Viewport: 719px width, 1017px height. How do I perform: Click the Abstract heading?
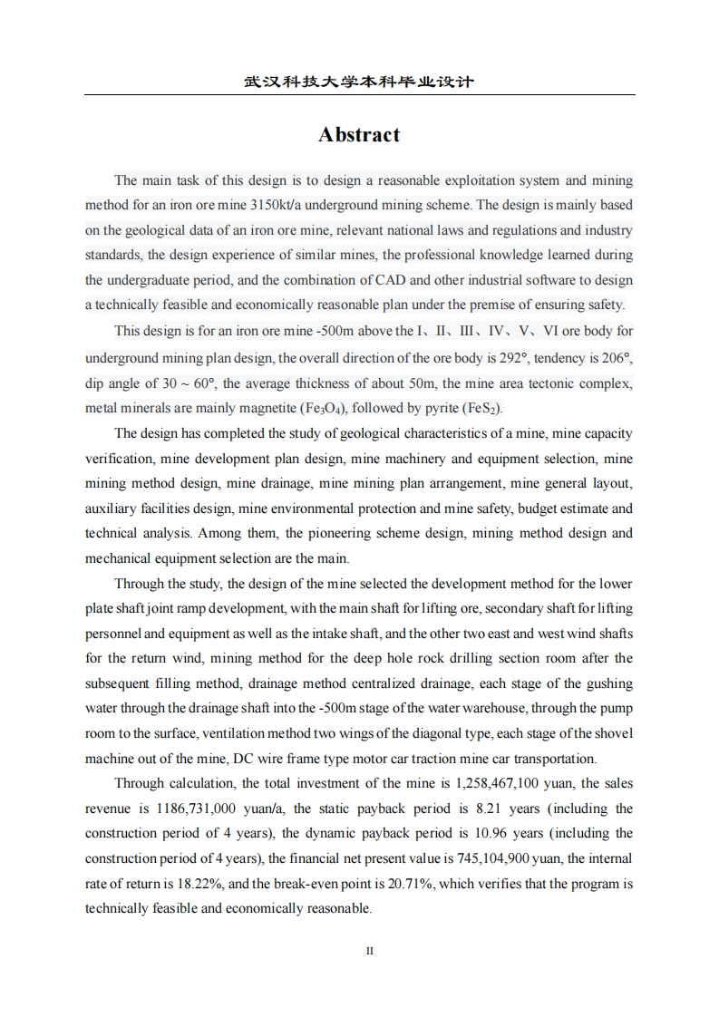tap(359, 135)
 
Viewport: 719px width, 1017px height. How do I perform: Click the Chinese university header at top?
tap(359, 82)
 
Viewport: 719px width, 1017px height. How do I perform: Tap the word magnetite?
tap(266, 407)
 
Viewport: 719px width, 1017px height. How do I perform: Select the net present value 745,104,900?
tap(499, 858)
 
